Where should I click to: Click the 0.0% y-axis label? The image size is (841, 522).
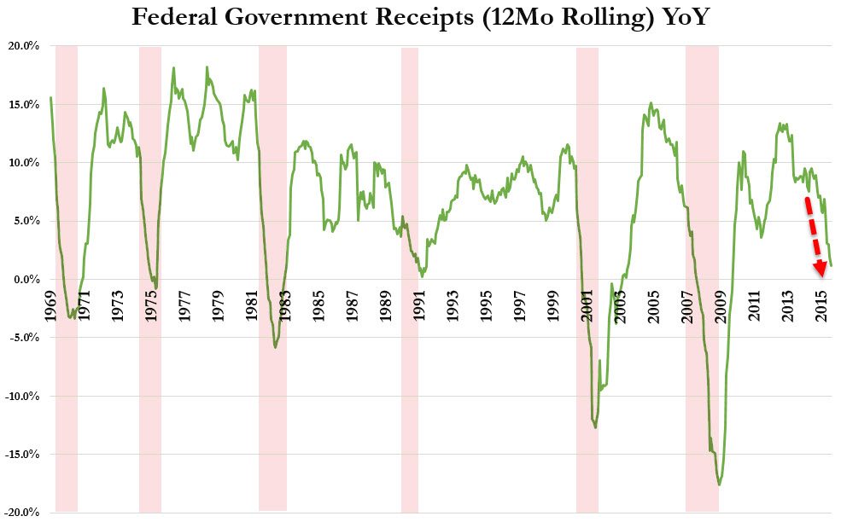point(25,280)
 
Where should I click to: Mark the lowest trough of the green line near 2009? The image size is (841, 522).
point(720,484)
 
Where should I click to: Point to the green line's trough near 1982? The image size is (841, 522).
point(275,346)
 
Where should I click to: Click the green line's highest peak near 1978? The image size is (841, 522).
point(207,67)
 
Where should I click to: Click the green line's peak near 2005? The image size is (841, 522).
point(651,104)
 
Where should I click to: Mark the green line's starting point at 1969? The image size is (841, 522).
point(51,97)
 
